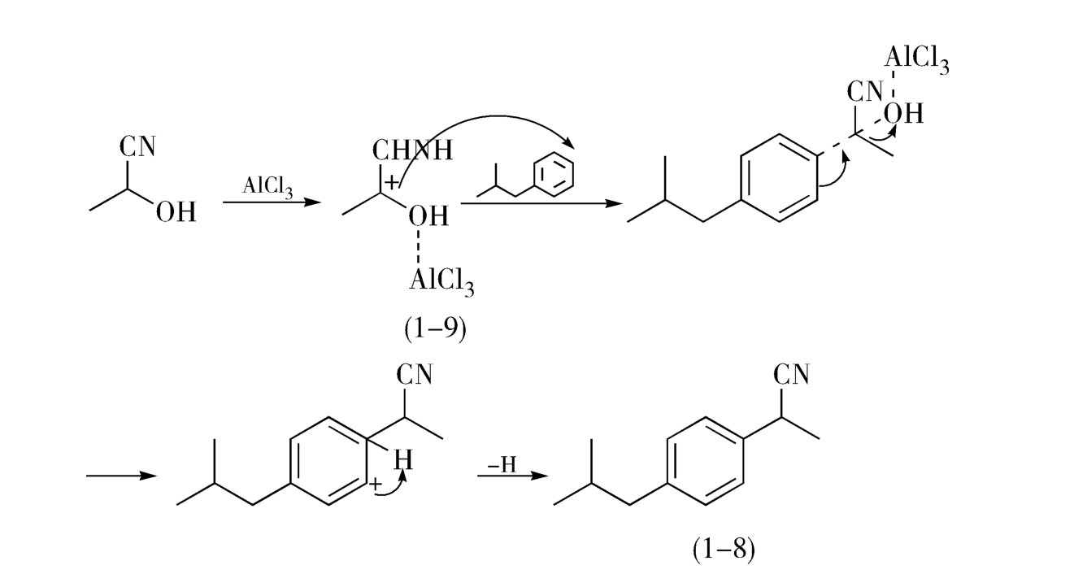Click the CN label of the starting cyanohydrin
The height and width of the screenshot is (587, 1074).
tap(137, 147)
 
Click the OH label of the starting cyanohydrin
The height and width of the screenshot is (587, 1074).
tap(175, 213)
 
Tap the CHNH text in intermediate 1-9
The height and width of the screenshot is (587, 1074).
tap(412, 150)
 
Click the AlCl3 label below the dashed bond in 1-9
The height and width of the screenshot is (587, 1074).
tap(441, 280)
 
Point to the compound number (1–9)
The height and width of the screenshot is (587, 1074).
tap(435, 329)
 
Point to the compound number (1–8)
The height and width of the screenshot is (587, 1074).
tap(724, 550)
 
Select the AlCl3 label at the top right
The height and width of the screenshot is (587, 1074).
tap(916, 59)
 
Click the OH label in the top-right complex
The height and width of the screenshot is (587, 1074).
tap(904, 113)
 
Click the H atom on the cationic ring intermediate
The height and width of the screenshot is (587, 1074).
tap(403, 460)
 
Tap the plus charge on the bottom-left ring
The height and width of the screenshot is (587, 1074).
tap(376, 486)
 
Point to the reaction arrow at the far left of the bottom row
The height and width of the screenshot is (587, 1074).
tap(121, 476)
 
